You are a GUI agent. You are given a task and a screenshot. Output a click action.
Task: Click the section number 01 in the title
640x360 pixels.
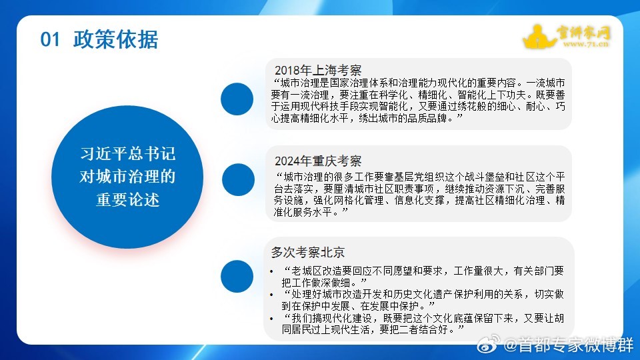click(51, 39)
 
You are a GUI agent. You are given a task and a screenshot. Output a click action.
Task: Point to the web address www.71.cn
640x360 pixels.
click(587, 45)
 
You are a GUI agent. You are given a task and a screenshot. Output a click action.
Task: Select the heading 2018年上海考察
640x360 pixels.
click(318, 70)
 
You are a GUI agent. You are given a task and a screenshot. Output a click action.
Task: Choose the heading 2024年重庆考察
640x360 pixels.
click(318, 161)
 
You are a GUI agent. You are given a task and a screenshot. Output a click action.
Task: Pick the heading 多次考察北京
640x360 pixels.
click(307, 253)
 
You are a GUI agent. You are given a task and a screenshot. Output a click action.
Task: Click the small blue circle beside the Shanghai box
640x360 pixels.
click(237, 99)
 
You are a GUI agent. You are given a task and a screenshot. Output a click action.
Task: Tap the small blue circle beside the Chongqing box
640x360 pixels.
click(237, 180)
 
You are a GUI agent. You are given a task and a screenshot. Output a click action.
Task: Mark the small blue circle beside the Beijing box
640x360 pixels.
click(237, 276)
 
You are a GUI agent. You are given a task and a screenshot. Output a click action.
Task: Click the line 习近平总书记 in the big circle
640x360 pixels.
click(128, 155)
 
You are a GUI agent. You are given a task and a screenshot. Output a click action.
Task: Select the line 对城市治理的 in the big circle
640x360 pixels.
click(128, 177)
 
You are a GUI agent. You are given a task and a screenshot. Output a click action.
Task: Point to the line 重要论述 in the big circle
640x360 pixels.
click(128, 199)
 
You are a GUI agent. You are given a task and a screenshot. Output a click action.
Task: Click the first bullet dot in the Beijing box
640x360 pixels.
click(271, 272)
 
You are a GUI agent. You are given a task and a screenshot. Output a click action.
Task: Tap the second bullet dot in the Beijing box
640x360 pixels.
click(271, 294)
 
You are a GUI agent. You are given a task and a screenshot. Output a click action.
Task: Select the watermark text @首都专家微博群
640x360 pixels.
click(568, 346)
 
